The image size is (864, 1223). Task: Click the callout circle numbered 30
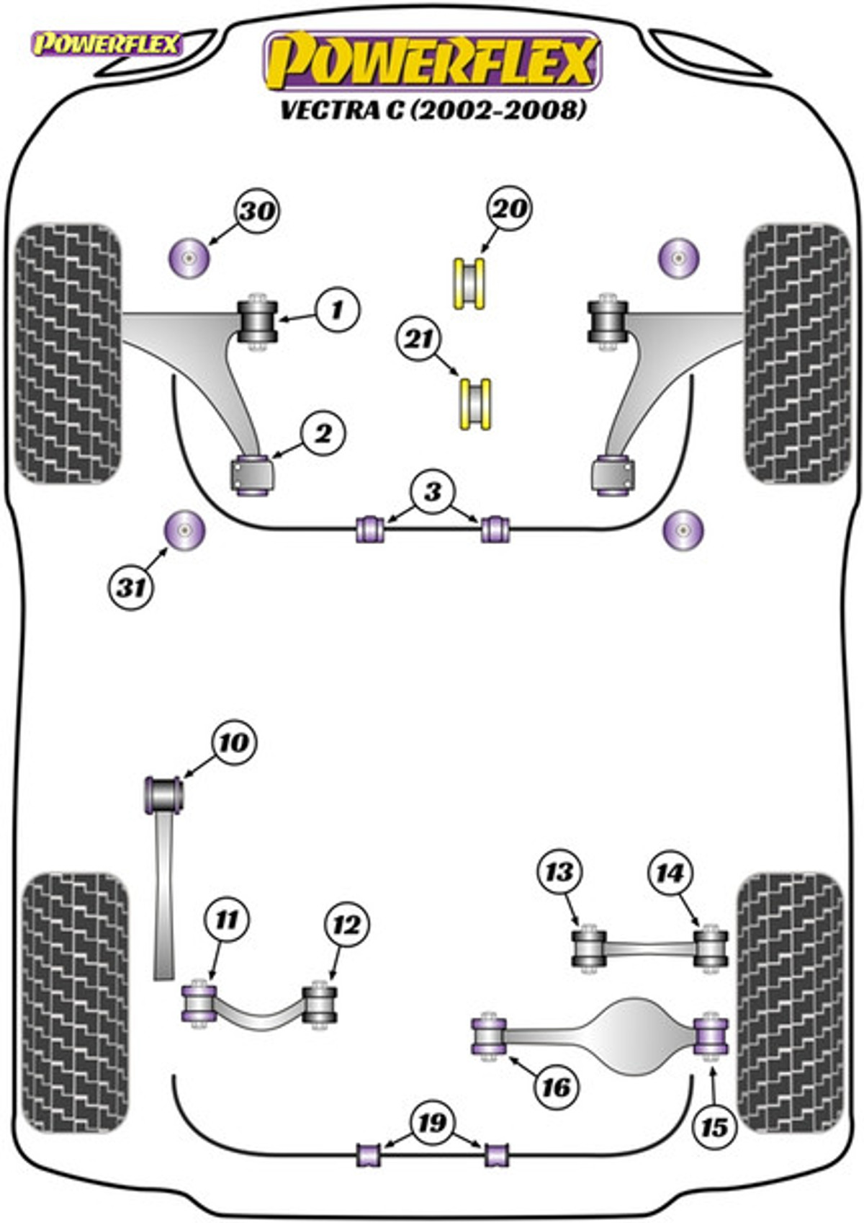[x=257, y=210]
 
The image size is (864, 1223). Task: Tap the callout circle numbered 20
[x=510, y=208]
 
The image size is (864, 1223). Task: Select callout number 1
[x=338, y=311]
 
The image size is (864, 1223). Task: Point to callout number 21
[x=419, y=339]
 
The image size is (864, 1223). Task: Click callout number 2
[x=323, y=434]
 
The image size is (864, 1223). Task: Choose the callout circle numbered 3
[x=433, y=492]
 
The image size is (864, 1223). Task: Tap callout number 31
[x=132, y=588]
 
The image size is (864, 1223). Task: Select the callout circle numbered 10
[x=235, y=742]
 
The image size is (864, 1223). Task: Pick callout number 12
[x=347, y=925]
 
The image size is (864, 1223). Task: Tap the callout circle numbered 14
[x=670, y=873]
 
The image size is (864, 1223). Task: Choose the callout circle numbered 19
[x=433, y=1123]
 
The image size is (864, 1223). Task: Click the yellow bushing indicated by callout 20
[x=469, y=284]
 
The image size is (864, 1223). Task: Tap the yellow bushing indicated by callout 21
[x=476, y=404]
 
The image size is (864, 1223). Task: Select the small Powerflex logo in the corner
[x=107, y=44]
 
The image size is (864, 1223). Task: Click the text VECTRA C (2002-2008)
[x=433, y=111]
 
